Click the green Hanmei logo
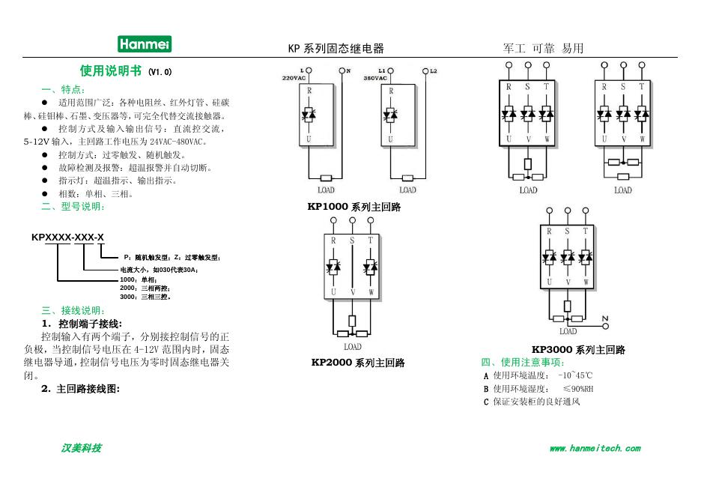145,45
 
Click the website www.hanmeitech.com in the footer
595,449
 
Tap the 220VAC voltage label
294,78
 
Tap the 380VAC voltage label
376,78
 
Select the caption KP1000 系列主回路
353,208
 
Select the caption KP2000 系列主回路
358,363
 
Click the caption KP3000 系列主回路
578,350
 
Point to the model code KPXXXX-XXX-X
67,238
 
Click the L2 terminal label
434,71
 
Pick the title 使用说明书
111,71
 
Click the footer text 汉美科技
81,449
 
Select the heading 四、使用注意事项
522,363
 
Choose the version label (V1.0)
160,73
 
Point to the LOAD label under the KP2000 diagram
353,347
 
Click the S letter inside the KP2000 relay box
352,241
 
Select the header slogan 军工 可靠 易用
543,49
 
